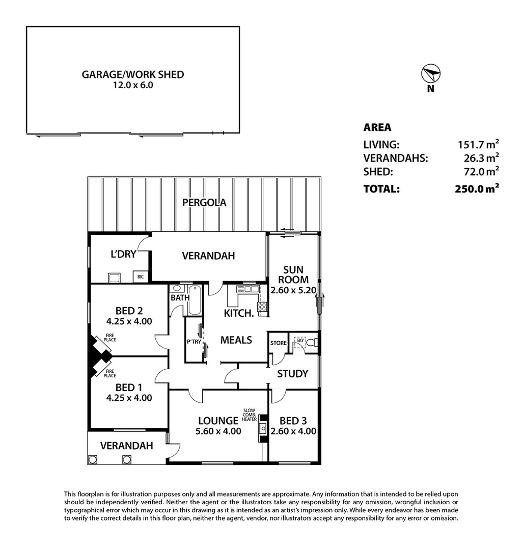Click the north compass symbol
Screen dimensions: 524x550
pyautogui.click(x=430, y=74)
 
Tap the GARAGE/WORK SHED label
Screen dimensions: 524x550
pyautogui.click(x=133, y=74)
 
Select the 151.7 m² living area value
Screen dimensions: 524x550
pyautogui.click(x=478, y=144)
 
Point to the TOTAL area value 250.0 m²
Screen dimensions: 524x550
pyautogui.click(x=477, y=188)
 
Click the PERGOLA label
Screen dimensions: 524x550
pyautogui.click(x=204, y=202)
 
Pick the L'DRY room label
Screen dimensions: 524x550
pyautogui.click(x=123, y=254)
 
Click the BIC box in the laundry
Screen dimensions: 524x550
pyautogui.click(x=141, y=277)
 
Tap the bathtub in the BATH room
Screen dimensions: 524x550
pyautogui.click(x=195, y=300)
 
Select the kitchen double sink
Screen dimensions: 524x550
pyautogui.click(x=248, y=289)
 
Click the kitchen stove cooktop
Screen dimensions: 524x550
pyautogui.click(x=262, y=307)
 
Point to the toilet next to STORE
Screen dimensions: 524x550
pyautogui.click(x=314, y=342)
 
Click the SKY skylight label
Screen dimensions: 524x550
pyautogui.click(x=300, y=340)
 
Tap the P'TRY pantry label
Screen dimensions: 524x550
pyautogui.click(x=194, y=341)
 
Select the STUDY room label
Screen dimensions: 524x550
pyautogui.click(x=292, y=374)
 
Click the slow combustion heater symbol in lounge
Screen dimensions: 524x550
pyautogui.click(x=263, y=428)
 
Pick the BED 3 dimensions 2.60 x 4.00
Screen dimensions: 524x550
pyautogui.click(x=293, y=431)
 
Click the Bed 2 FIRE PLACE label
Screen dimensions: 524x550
pyautogui.click(x=110, y=338)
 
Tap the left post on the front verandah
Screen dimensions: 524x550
pyautogui.click(x=93, y=459)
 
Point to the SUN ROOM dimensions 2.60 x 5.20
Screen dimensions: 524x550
pyautogui.click(x=293, y=290)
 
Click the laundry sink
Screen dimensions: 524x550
pyautogui.click(x=115, y=278)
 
